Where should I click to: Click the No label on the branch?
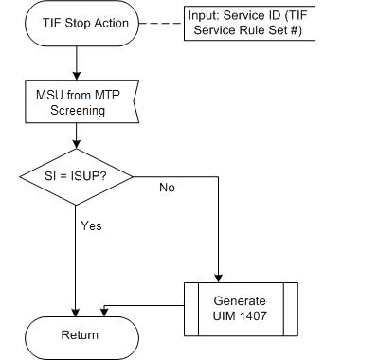[167, 188]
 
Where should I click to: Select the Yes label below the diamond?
[91, 226]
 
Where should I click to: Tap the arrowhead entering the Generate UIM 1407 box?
[219, 276]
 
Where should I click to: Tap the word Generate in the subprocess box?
[240, 300]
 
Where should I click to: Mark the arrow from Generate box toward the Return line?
[142, 305]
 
